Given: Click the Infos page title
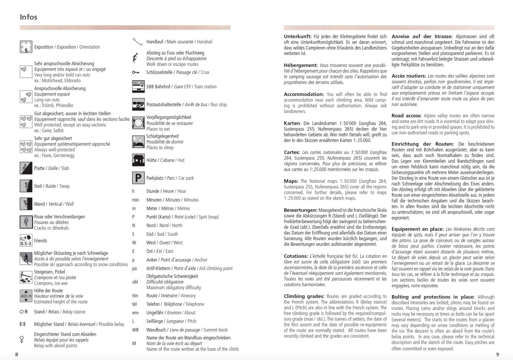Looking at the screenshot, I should pos(28,17).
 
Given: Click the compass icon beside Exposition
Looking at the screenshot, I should pos(26,47).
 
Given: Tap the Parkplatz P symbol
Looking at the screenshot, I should pos(138,178).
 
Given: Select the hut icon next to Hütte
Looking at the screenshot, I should pos(138,160).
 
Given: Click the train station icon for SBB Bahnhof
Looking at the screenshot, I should pos(138,86).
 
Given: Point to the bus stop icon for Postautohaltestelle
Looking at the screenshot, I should pos(138,104).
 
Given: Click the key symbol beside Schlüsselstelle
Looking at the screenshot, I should pos(136,72).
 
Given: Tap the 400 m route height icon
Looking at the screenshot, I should pos(26,296).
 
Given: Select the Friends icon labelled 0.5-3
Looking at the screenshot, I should pos(26,241).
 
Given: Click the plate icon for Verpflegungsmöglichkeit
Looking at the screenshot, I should pos(138,123).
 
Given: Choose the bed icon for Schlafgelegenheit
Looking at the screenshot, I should pos(138,142).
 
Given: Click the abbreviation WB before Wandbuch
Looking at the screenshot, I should pos(135,330).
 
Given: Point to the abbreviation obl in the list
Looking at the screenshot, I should pos(135,282).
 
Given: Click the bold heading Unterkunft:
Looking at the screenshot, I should pos(298,37).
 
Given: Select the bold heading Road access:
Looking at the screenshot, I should pos(407,116).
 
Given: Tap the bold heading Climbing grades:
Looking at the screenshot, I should pos(304,296).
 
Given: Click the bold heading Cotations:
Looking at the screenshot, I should pos(296,256).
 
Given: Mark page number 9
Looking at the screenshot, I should pos(498,355).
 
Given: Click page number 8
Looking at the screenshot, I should pos(16,355).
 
